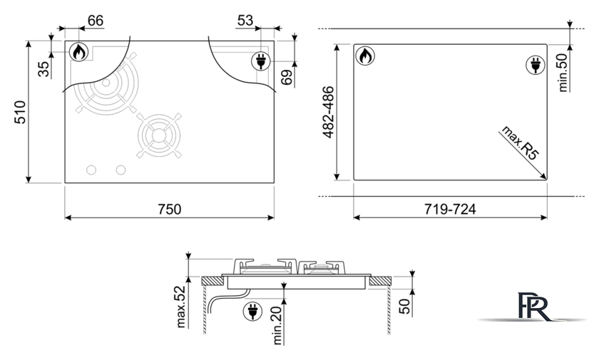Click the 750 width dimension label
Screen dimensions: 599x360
pos(169,209)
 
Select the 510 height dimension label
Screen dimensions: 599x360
pos(20,112)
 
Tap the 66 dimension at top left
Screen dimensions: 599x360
pos(95,20)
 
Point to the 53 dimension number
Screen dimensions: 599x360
pos(245,20)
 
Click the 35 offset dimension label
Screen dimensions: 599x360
pos(44,69)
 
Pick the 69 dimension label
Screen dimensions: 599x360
pos(287,77)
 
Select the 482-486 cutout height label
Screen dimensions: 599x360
pos(328,112)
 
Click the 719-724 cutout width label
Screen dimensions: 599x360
pos(450,209)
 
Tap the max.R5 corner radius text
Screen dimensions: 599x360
pos(521,143)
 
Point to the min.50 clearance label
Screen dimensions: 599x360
pos(563,72)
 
